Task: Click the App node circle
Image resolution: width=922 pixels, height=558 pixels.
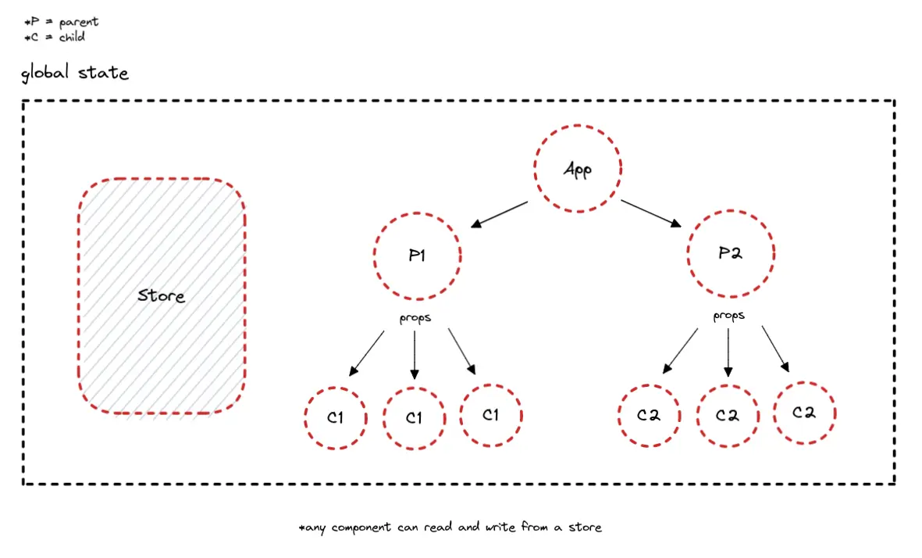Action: coord(577,169)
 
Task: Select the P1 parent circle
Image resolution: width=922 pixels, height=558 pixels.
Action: coord(417,256)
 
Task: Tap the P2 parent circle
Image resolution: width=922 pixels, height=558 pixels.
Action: coord(730,253)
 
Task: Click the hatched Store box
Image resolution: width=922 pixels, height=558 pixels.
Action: coord(162,296)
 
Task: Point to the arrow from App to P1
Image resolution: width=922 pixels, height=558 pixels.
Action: coord(500,215)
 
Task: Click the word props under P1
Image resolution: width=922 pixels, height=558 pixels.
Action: coord(415,318)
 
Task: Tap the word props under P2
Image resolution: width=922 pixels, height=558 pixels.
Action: coord(728,317)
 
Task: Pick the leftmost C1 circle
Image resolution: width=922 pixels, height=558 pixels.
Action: coord(336,417)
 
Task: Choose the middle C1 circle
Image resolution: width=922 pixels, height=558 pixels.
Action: coord(414,418)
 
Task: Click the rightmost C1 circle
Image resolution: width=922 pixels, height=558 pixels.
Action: coord(490,415)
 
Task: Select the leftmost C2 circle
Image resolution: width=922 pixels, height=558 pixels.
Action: coord(649,416)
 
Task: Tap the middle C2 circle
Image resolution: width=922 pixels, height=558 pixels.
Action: coord(728,416)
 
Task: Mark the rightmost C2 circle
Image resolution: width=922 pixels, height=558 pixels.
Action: coord(804,413)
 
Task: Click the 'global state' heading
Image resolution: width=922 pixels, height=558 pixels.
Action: coord(75,73)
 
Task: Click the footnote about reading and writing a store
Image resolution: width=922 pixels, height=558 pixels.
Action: coord(450,528)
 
